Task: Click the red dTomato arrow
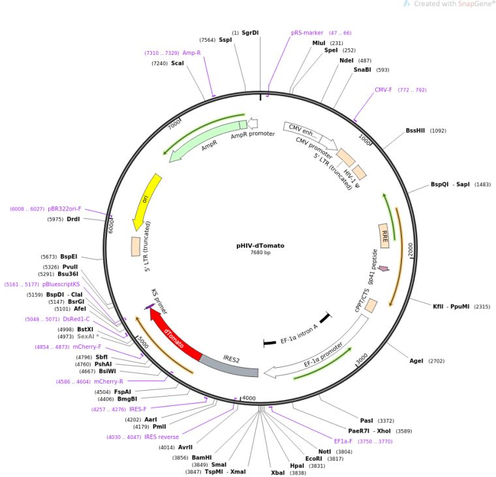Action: [175, 336]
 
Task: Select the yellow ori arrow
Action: [146, 200]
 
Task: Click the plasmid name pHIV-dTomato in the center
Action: [260, 246]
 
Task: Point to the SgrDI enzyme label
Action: [250, 32]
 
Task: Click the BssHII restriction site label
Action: [416, 130]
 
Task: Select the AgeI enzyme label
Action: [416, 361]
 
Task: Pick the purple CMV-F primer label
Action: [383, 90]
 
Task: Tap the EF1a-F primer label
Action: [344, 441]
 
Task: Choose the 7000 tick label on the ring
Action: [174, 125]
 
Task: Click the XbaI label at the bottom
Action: [278, 472]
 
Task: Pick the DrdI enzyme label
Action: [73, 219]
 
